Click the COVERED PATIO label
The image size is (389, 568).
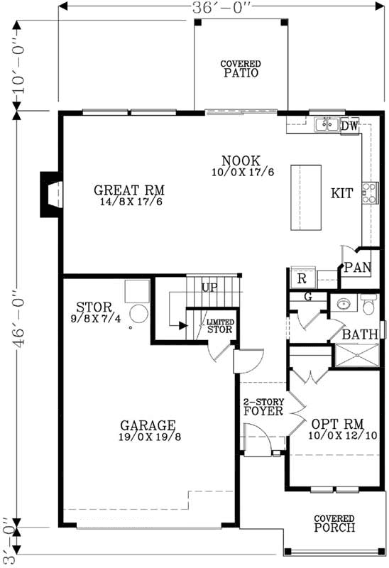[x=240, y=68]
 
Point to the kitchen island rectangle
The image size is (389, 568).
[x=305, y=197]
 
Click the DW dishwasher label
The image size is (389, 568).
[x=349, y=126]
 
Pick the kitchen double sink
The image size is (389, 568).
[x=327, y=126]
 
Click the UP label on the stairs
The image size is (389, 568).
[x=209, y=288]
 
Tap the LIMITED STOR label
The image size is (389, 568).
[x=219, y=325]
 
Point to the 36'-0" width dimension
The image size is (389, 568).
[x=221, y=6]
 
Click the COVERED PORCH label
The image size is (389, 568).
[x=334, y=524]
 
